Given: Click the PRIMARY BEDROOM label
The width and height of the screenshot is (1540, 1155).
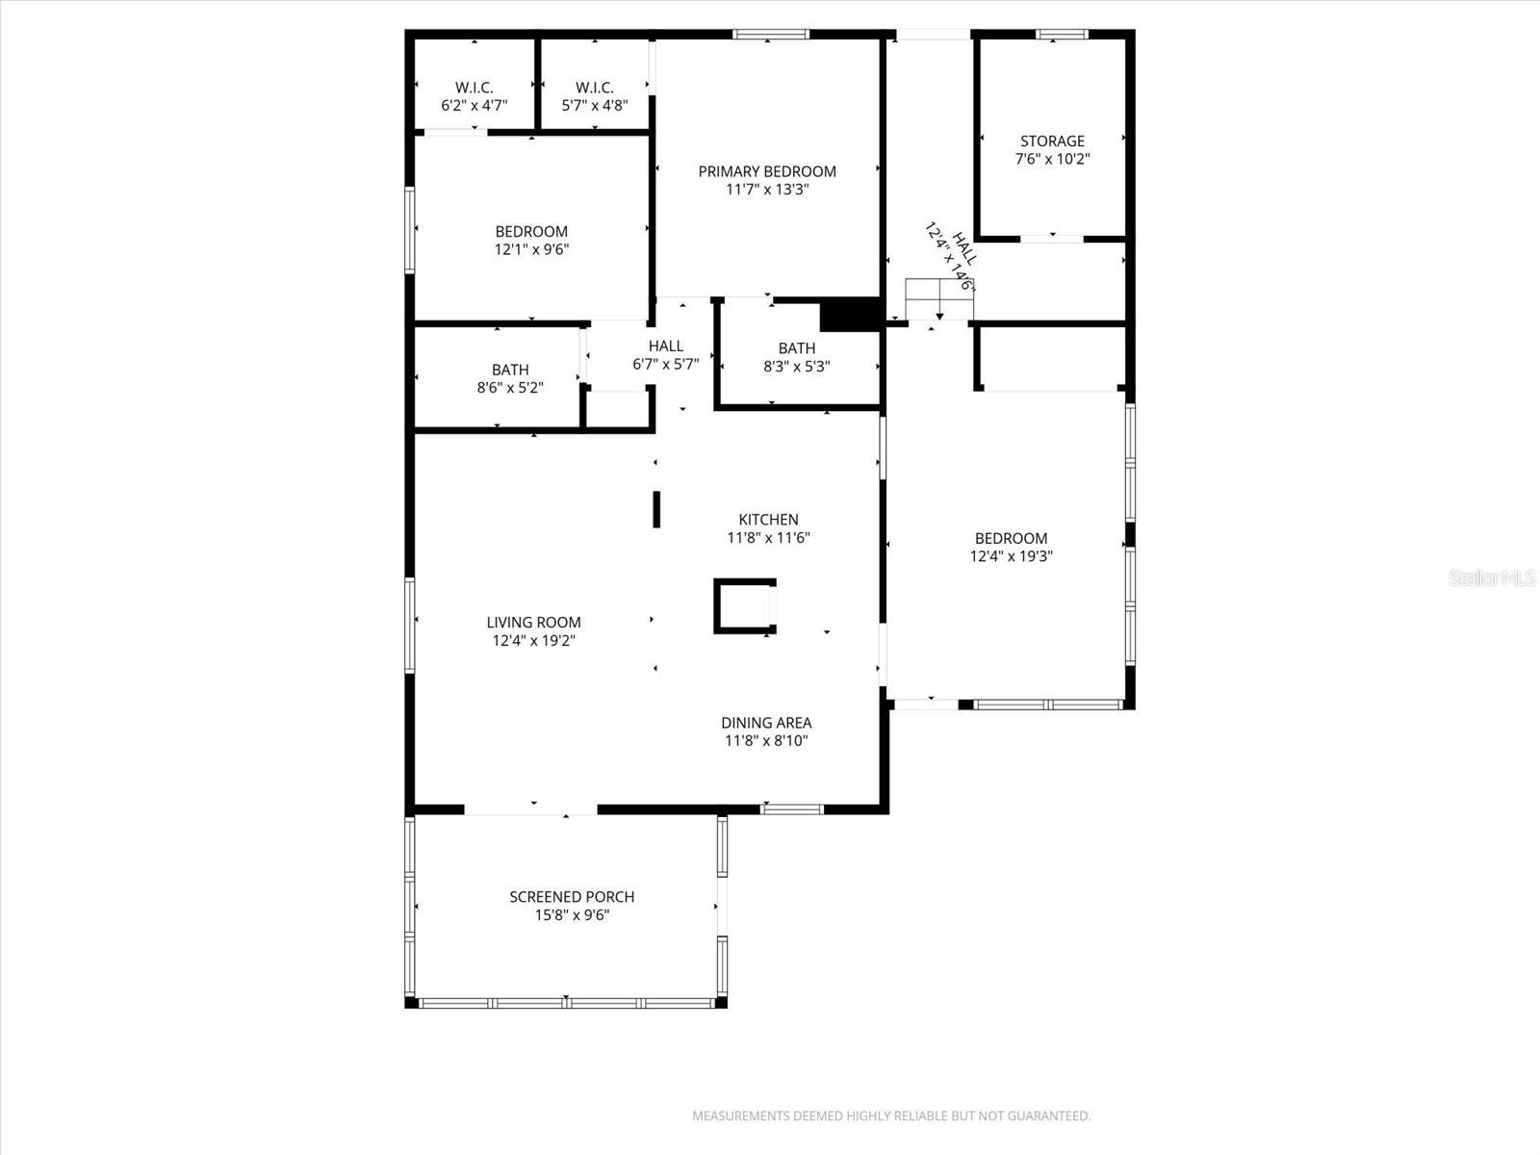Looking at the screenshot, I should coord(767,171).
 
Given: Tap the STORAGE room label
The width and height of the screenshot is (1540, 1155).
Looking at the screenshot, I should coord(1052,141).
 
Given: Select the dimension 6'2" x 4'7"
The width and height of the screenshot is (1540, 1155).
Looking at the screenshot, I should coord(474,106).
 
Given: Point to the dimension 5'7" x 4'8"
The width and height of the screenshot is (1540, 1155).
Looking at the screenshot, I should coord(595,106).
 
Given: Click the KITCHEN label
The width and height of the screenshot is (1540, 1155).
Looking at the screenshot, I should coord(768,520).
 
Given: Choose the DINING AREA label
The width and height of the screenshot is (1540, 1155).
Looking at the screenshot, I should coord(766,723).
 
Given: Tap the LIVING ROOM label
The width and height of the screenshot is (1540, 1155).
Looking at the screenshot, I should coord(533,623).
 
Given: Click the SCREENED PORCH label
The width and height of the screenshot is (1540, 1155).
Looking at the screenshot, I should coord(572,897).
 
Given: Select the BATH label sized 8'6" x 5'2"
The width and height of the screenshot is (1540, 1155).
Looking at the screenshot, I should coord(510,370).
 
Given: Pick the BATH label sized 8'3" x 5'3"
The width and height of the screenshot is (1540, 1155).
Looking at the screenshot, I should coord(797,348).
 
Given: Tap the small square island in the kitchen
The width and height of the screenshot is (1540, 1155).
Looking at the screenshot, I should coord(744,606).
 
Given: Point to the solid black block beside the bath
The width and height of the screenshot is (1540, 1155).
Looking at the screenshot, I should coord(850,315).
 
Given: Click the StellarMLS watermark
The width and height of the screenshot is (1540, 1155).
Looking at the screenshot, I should coord(1493,578).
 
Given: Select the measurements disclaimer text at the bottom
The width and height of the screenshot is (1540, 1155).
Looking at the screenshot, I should coord(891,1116).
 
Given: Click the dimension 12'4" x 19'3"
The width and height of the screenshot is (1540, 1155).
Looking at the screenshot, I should coord(1011,556).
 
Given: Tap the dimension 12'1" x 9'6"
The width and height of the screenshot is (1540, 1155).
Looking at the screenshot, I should coord(531,249).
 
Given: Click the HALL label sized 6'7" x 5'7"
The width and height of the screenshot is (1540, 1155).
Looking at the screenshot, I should coord(665,346).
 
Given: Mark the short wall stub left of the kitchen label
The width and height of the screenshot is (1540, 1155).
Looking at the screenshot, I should coord(656,509).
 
